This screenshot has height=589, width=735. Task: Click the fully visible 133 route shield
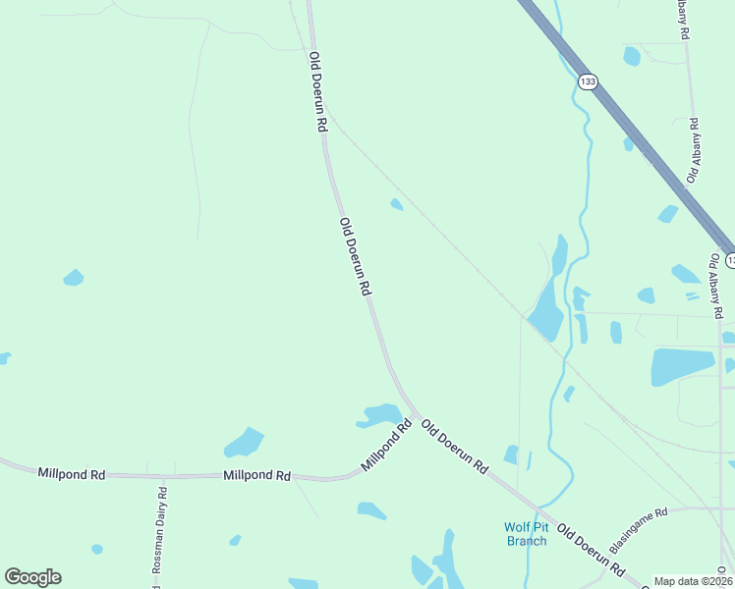pyautogui.click(x=587, y=81)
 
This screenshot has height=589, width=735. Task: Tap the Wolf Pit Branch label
pyautogui.click(x=526, y=533)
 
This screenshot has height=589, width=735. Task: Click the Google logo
pyautogui.click(x=32, y=577)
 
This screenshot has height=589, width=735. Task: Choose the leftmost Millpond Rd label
pyautogui.click(x=71, y=473)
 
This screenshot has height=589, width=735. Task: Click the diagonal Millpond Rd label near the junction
pyautogui.click(x=386, y=446)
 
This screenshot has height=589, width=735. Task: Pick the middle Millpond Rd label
pyautogui.click(x=256, y=475)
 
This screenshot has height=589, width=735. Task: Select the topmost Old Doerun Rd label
pyautogui.click(x=317, y=92)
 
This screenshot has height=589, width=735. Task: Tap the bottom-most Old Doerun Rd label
pyautogui.click(x=591, y=551)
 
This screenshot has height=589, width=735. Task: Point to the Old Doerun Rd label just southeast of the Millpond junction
pyautogui.click(x=454, y=447)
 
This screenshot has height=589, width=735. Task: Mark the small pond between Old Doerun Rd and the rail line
pyautogui.click(x=396, y=204)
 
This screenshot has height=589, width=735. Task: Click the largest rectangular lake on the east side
pyautogui.click(x=681, y=366)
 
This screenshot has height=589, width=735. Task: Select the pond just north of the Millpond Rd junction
pyautogui.click(x=380, y=414)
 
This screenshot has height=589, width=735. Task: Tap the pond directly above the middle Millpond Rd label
pyautogui.click(x=245, y=443)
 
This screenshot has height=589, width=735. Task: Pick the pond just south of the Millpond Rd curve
pyautogui.click(x=371, y=510)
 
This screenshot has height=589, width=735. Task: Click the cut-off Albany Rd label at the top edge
pyautogui.click(x=684, y=19)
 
